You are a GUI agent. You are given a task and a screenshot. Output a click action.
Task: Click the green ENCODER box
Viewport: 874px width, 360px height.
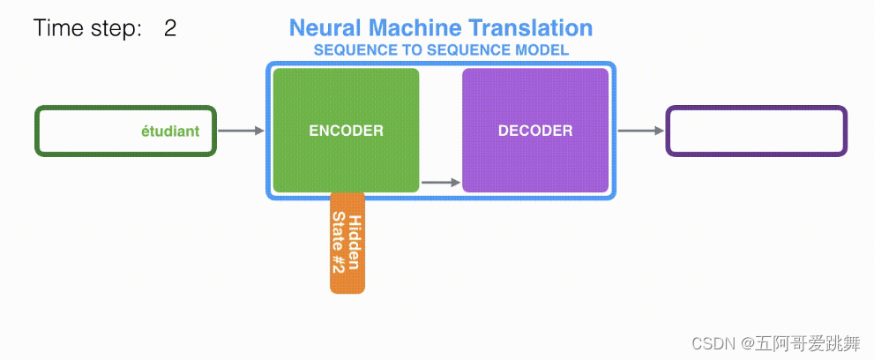point(346,131)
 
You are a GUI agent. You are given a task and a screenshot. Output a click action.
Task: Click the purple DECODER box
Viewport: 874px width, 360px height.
point(535,131)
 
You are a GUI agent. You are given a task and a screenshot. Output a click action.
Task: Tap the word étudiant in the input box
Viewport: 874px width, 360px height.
point(170,131)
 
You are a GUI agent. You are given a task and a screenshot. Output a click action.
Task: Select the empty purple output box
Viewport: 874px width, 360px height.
point(756,131)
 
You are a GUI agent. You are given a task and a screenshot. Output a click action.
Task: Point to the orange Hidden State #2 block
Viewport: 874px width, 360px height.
point(347,243)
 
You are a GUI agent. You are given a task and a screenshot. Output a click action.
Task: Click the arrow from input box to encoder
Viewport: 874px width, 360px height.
point(241,131)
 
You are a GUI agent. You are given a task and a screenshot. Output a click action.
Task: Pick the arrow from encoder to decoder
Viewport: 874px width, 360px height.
point(441,183)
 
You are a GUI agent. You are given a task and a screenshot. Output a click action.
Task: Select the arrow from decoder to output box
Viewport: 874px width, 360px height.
point(640,131)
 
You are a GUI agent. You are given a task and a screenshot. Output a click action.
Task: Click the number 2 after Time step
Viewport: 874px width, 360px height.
point(170,28)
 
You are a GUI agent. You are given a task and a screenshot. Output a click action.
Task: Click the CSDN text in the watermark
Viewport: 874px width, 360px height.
point(707,342)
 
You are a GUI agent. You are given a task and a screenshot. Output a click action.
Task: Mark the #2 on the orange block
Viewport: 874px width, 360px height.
point(338,268)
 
